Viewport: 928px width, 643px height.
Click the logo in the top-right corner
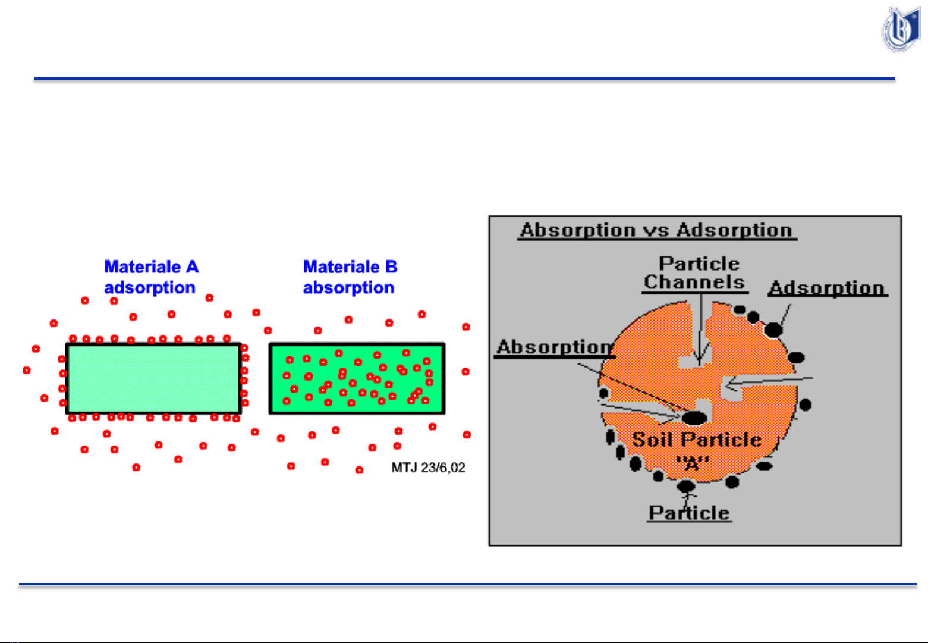901,29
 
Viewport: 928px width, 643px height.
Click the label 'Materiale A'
152,266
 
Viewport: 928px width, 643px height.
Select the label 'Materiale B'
351,266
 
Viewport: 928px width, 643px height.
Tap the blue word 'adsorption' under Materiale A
150,288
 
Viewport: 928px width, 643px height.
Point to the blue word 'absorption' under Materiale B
348,288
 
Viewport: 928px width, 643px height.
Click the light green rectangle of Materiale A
154,378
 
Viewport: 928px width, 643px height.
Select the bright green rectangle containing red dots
357,378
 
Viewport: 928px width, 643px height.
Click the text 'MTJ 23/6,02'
429,468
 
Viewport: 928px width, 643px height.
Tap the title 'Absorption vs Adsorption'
657,230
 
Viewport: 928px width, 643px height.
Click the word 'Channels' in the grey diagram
695,283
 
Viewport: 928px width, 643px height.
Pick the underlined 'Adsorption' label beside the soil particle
828,288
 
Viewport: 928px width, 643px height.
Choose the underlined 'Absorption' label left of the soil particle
554,347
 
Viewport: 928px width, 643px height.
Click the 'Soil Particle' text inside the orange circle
697,440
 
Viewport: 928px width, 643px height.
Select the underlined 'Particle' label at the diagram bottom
689,513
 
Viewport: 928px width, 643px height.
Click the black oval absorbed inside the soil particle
694,418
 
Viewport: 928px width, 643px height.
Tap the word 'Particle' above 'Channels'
699,264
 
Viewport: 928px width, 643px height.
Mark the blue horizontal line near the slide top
464,79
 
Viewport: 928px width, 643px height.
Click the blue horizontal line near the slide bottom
468,584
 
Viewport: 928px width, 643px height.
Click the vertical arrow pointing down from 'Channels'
701,330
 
